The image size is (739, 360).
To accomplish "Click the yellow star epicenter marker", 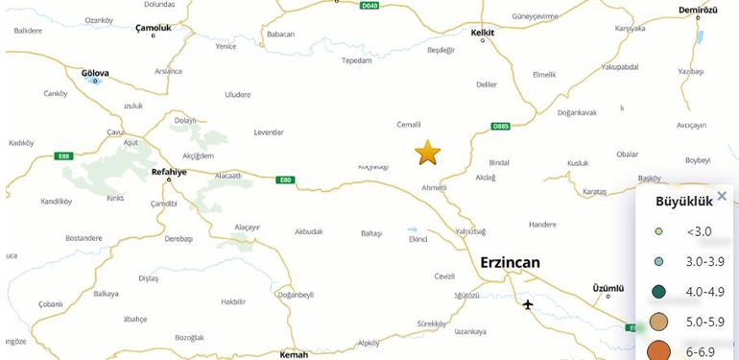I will pos(427,153).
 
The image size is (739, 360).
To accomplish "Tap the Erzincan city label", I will pos(510,262).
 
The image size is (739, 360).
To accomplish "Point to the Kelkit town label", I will pos(483,32).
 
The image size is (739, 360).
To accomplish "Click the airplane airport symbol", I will pos(528,305).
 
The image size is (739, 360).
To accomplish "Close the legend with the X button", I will pos(722,197).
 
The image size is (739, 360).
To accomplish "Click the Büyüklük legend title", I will pos(683,202).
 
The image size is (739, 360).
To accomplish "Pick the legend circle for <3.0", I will pos(658,231).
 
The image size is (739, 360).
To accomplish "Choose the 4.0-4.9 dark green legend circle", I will pos(658,291).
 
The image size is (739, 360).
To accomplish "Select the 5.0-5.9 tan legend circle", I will pos(658,322).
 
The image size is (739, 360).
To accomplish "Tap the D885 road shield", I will pos(500,126).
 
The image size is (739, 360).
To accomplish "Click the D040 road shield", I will pos(369,6).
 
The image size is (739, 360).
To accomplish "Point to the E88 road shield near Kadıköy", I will pos(64,156).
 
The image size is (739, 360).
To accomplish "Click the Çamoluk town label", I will pos(154,29).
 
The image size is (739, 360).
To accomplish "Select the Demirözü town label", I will pos(698,10).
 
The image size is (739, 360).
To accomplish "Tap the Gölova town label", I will pos(95,73).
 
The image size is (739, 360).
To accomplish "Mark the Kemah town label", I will pos(294,354).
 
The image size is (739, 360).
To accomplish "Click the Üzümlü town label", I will pos(608,287).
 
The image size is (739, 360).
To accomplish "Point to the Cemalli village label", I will pos(409,124).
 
